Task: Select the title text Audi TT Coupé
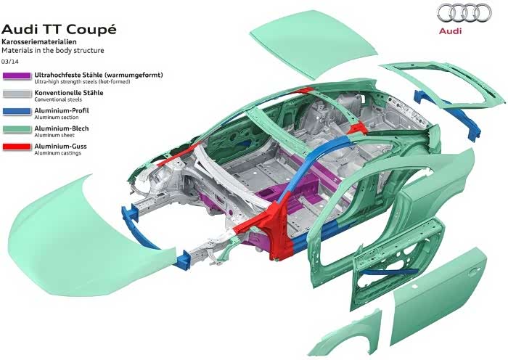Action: point(58,30)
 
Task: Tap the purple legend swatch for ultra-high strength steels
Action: point(16,75)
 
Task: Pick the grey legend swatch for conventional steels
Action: point(16,94)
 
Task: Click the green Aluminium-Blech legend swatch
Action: point(16,131)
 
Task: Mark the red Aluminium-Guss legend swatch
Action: point(16,147)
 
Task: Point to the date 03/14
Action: point(11,61)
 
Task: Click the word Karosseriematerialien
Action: point(36,44)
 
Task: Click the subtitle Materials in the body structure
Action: point(52,52)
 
